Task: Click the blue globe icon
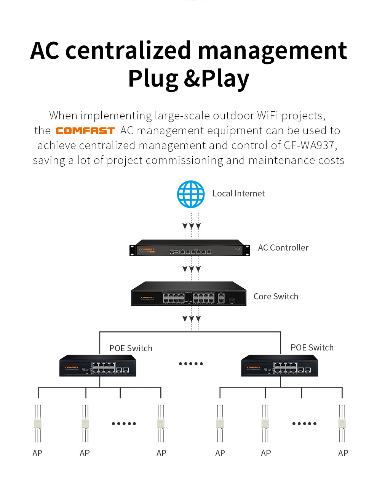(x=191, y=194)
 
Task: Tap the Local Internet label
(x=238, y=194)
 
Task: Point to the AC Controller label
(x=283, y=248)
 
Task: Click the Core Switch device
(x=189, y=294)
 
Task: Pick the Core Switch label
(x=276, y=297)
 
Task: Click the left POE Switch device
(x=98, y=366)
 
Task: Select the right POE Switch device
(x=280, y=366)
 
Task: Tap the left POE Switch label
(x=131, y=348)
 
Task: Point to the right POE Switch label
(x=312, y=347)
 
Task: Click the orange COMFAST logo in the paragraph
(x=85, y=131)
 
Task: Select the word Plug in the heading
(x=153, y=79)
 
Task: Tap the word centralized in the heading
(x=128, y=51)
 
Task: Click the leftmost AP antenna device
(x=37, y=423)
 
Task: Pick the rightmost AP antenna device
(x=342, y=423)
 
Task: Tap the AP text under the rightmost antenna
(x=343, y=453)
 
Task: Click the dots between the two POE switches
(x=191, y=364)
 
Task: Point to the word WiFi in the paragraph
(x=268, y=116)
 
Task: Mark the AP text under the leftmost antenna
(x=37, y=453)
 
